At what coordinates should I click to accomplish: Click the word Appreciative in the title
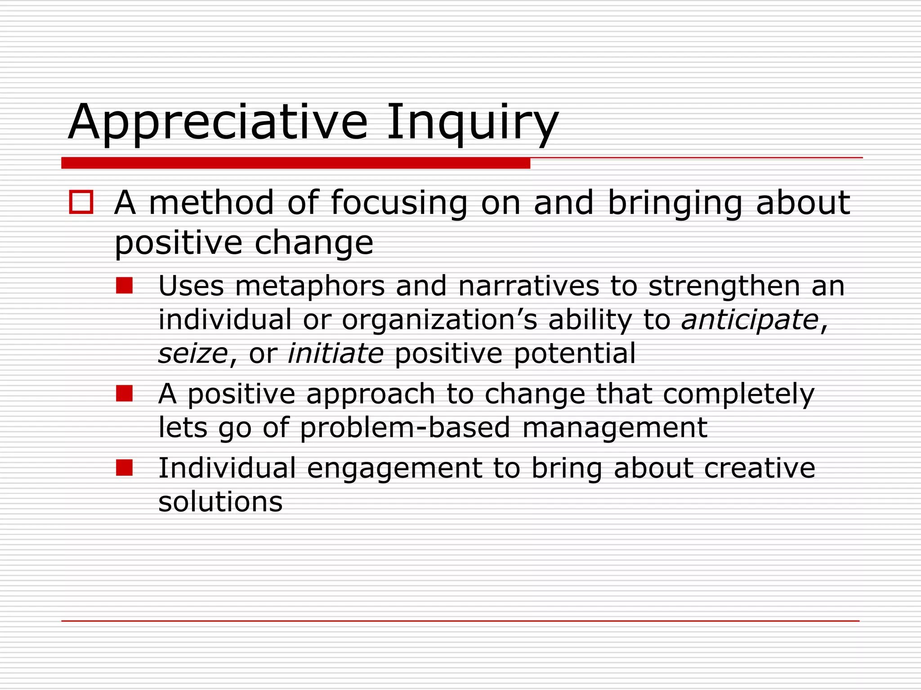pyautogui.click(x=218, y=123)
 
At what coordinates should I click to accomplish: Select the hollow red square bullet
pyautogui.click(x=81, y=202)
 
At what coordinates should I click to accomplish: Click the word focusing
pyautogui.click(x=399, y=203)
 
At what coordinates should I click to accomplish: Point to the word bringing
pyautogui.click(x=675, y=203)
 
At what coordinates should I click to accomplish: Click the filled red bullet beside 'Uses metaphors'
pyautogui.click(x=124, y=285)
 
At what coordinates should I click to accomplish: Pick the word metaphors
pyautogui.click(x=310, y=286)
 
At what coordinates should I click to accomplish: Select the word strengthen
pyautogui.click(x=724, y=286)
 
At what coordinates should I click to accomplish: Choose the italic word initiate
pyautogui.click(x=335, y=354)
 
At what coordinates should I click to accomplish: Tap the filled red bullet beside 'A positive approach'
pyautogui.click(x=124, y=394)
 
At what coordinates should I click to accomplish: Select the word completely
pyautogui.click(x=738, y=394)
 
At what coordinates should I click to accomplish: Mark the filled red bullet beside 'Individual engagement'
pyautogui.click(x=124, y=468)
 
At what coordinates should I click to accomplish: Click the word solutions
pyautogui.click(x=220, y=502)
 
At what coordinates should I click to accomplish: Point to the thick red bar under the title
pyautogui.click(x=295, y=163)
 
